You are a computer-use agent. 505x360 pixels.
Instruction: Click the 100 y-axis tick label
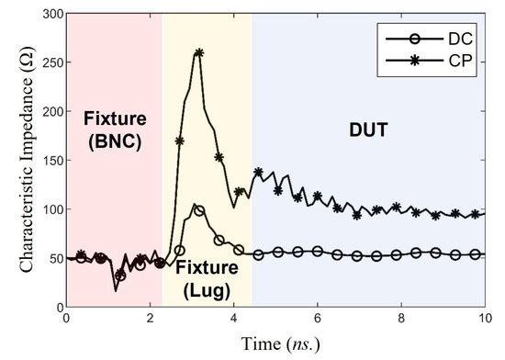click(x=50, y=210)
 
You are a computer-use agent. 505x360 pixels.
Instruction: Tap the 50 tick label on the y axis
click(x=53, y=259)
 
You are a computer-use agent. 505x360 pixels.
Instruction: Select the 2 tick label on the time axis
click(x=150, y=320)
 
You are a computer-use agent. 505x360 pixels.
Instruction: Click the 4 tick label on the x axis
click(x=233, y=320)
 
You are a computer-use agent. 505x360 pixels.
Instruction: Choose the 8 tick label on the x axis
click(x=401, y=320)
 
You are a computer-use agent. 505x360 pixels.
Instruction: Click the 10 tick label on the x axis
click(x=484, y=320)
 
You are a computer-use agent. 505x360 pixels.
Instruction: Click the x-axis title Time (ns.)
click(x=275, y=345)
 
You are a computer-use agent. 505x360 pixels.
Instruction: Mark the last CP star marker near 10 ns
click(x=476, y=214)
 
